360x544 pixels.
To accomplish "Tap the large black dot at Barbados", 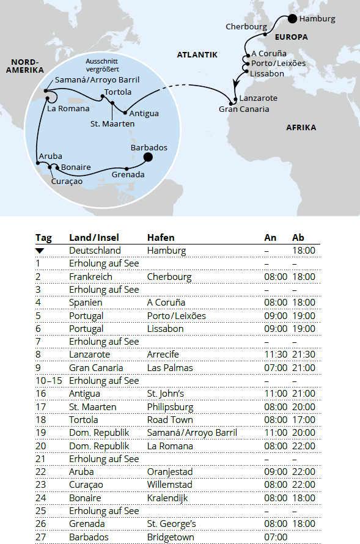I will tap(147, 158).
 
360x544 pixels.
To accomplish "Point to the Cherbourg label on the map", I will tap(246, 27).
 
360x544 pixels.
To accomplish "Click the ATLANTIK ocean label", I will tap(197, 55).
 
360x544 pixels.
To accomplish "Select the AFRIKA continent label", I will tap(301, 128).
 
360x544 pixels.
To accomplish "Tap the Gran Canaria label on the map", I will tap(244, 109).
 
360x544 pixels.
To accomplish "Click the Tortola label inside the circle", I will tap(117, 92).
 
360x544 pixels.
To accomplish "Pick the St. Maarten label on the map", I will tap(112, 124).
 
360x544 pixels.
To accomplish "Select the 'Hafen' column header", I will tap(161, 237).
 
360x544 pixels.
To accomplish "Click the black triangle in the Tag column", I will tap(40, 251).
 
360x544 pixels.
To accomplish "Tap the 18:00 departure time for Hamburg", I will tap(304, 251).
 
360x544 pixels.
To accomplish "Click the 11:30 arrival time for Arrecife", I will tap(275, 355).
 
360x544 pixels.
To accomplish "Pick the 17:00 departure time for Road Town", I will tap(304, 420).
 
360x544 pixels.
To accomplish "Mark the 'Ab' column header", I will tap(298, 237).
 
